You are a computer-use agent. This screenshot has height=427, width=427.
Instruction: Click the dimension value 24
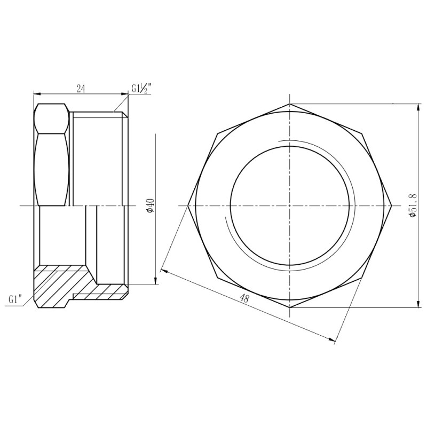pos(81,88)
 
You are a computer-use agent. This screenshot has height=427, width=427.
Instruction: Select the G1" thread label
pos(17,299)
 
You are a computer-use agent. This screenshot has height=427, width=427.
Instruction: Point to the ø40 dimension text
pos(150,205)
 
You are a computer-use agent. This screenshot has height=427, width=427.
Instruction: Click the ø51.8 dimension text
pos(413,205)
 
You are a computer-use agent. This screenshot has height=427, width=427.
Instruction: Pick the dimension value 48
pos(244,299)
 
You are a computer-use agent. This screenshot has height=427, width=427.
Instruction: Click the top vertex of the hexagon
pos(290,104)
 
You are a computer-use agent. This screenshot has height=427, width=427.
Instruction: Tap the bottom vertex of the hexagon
pos(290,307)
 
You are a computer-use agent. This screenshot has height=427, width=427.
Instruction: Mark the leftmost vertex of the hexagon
pos(188,205)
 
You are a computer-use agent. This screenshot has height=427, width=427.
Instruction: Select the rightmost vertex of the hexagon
pos(392,205)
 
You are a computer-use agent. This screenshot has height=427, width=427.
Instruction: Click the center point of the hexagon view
pos(290,205)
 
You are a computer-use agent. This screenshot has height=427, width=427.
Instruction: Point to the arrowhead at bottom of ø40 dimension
pos(155,281)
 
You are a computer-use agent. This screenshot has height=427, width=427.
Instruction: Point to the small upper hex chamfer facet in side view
pos(52,118)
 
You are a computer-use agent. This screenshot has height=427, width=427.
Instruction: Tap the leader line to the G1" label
pos(30,295)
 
